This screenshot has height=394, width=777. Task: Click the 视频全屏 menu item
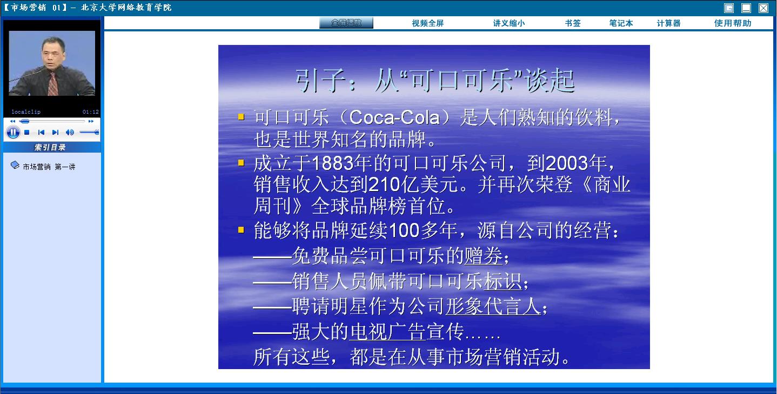[x=428, y=23]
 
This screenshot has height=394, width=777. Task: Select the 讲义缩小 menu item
[x=509, y=23]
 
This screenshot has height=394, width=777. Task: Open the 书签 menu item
[x=573, y=23]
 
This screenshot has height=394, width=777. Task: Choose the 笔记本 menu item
[x=621, y=23]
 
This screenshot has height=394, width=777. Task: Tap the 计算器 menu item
[x=668, y=23]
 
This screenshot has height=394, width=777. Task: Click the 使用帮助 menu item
[x=733, y=23]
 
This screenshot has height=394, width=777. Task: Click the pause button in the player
[x=13, y=133]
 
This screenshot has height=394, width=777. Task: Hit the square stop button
[x=26, y=133]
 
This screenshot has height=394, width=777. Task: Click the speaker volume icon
[x=70, y=133]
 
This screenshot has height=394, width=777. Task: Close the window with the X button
[x=763, y=8]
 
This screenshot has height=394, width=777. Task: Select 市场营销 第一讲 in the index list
[x=49, y=167]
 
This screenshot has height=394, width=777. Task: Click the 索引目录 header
[x=50, y=147]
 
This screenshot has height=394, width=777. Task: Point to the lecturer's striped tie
[x=52, y=84]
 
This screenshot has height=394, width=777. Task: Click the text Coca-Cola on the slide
[x=394, y=117]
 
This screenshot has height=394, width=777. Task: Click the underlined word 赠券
[x=484, y=255]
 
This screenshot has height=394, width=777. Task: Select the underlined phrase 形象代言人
[x=493, y=306]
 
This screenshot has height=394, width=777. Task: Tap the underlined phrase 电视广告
[x=387, y=331]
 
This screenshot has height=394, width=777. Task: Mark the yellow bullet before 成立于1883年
[x=241, y=163]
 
